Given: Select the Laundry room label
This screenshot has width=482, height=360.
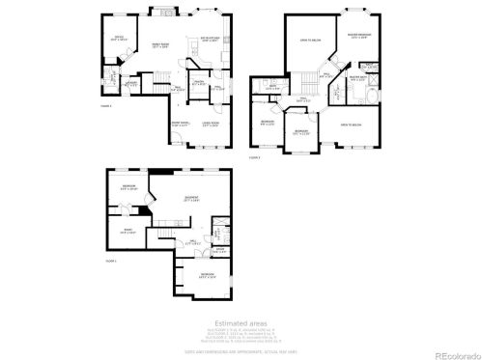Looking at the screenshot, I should tap(132, 84).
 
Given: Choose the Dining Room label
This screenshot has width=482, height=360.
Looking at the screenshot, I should tap(181, 125).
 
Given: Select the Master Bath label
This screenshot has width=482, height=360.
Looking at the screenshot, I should tap(357, 78).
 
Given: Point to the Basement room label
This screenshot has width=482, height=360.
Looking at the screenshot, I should tap(192, 201).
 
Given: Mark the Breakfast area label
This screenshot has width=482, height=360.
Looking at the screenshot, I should tap(210, 40).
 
